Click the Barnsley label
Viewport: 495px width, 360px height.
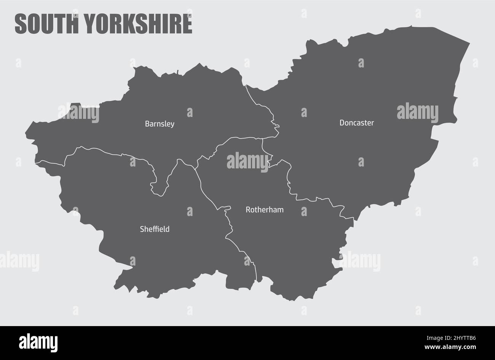coord(160,124)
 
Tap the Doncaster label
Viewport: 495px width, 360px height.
coord(356,123)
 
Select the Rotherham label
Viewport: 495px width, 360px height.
coord(264,210)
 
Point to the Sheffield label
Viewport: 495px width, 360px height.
coord(155,229)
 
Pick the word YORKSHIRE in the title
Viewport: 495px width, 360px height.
coord(137,24)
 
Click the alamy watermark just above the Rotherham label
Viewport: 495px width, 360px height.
coord(247,160)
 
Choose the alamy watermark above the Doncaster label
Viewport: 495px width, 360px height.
coord(417,112)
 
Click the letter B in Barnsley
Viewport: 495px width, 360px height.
coord(147,124)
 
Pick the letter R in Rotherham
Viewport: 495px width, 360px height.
coord(248,210)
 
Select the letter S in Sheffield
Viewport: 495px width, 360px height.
coord(142,229)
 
